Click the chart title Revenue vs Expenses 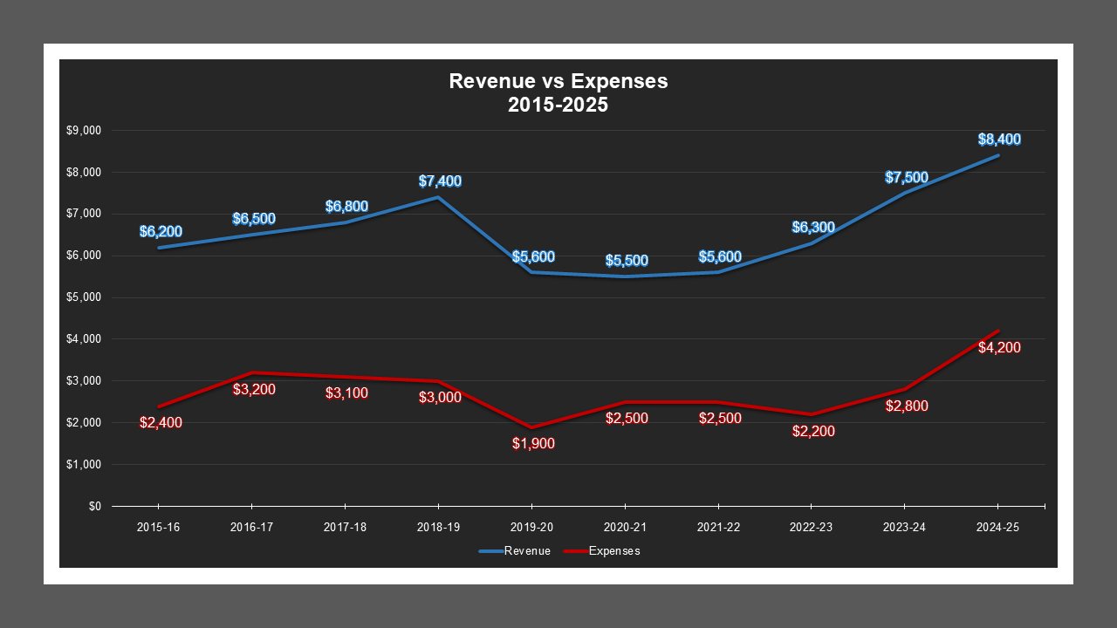pos(558,81)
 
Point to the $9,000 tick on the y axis pos(84,131)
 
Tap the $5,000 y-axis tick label pos(84,297)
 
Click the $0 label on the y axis pos(94,506)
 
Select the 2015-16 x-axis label pos(157,528)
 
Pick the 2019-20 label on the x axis pos(531,528)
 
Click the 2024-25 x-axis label pos(998,528)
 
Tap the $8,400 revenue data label pos(998,140)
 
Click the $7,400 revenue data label pos(439,181)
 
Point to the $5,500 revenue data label pos(626,261)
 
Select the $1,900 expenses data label pos(532,443)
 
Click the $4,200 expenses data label pos(998,348)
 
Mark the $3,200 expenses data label pos(254,389)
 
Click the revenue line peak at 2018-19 pos(438,197)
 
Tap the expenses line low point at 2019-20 pos(531,427)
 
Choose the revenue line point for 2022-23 pos(812,243)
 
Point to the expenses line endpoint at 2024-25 pos(998,331)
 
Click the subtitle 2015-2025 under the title pos(558,105)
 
